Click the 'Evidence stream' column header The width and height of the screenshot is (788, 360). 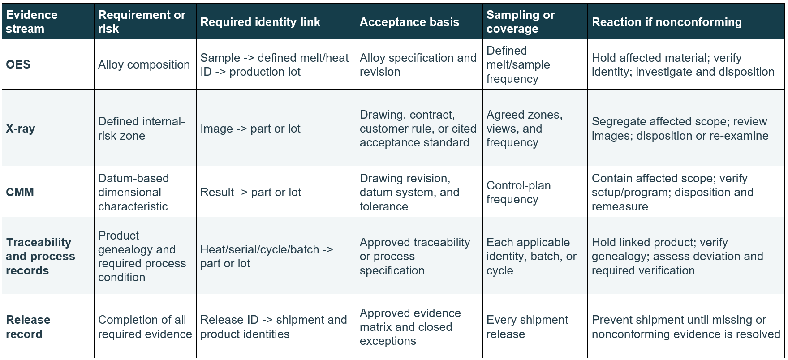[x=32, y=21]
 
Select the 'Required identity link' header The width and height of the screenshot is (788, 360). [x=260, y=22]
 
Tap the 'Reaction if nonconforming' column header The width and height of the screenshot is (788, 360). [x=667, y=22]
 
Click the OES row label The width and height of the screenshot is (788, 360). [x=18, y=64]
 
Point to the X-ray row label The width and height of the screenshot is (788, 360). [x=21, y=129]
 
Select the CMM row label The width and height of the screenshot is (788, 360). [x=20, y=192]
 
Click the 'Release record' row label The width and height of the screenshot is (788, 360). [x=28, y=327]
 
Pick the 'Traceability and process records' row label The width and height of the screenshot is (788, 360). [x=40, y=256]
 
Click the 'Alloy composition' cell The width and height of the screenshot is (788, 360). [x=144, y=64]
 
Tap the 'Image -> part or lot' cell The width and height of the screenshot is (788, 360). [x=250, y=129]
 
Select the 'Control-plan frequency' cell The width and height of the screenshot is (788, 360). [x=519, y=192]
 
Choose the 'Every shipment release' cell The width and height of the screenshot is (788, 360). [x=527, y=327]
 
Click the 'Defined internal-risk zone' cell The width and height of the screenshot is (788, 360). [x=142, y=129]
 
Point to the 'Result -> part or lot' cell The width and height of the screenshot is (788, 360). [x=250, y=192]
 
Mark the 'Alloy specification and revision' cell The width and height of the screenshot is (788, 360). [x=418, y=64]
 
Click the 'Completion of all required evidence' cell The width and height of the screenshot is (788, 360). [x=145, y=327]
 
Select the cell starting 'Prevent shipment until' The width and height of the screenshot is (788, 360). [x=686, y=327]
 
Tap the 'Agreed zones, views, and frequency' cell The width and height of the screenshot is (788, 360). [x=525, y=129]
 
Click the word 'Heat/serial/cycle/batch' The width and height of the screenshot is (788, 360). [x=260, y=249]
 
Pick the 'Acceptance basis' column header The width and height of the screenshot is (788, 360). [x=409, y=22]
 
